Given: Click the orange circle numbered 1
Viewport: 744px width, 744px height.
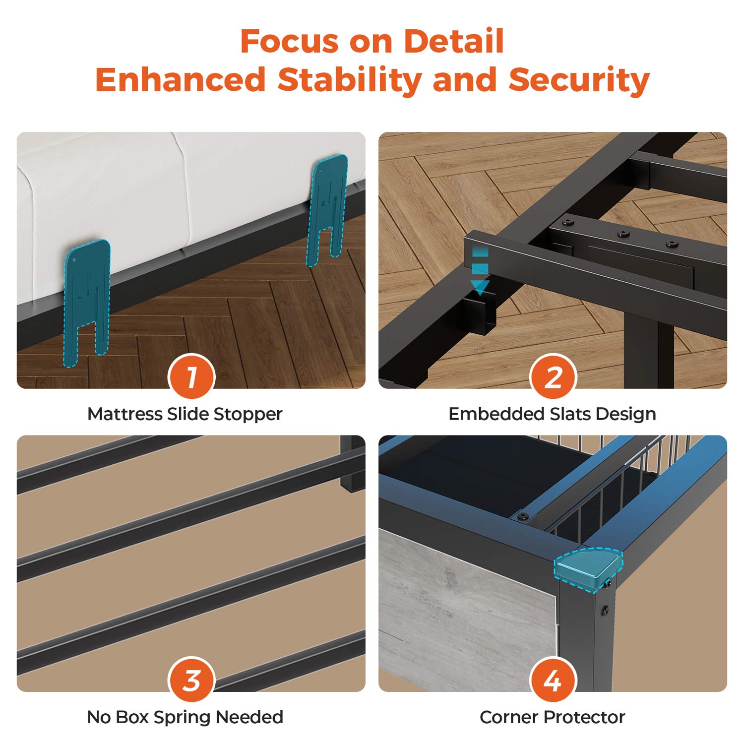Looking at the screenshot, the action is [191, 376].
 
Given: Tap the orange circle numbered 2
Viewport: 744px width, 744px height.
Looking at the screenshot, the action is [553, 376].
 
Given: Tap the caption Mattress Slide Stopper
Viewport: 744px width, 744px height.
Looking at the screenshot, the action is [185, 414].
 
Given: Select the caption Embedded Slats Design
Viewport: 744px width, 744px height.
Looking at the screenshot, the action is [552, 414].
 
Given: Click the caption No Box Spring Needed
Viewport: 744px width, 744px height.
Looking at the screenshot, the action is [185, 717].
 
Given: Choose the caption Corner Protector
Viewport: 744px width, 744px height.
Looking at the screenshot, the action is [552, 717].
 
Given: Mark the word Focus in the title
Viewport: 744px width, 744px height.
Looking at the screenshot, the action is [289, 41].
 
